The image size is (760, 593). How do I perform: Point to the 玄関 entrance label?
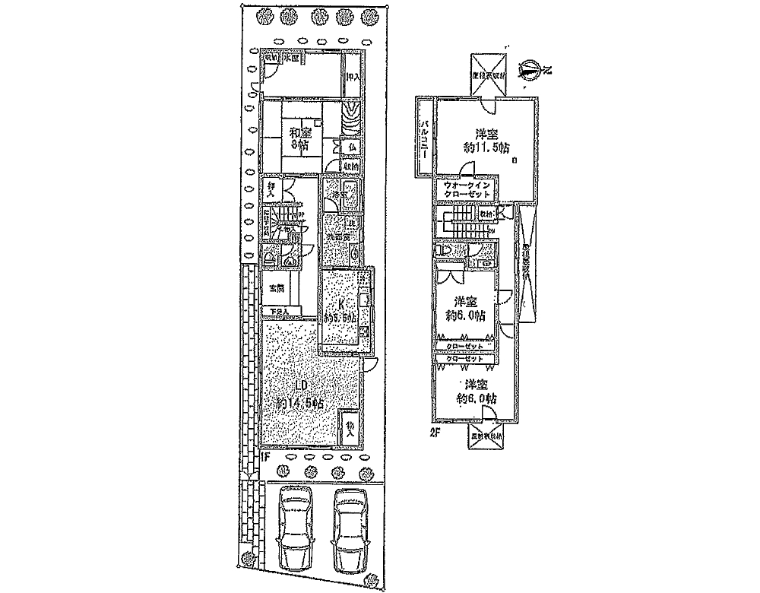pos(277,289)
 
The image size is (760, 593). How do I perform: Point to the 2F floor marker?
pos(435,433)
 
